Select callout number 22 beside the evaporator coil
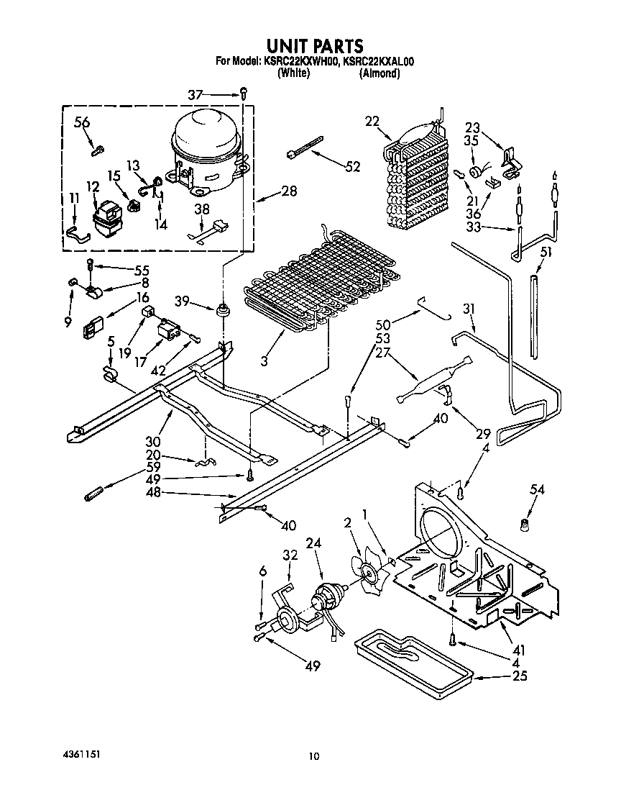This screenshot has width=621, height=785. pyautogui.click(x=372, y=122)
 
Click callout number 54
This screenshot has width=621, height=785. pyautogui.click(x=538, y=490)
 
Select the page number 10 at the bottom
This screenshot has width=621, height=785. pyautogui.click(x=313, y=755)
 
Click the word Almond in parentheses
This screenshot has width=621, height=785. pyautogui.click(x=379, y=73)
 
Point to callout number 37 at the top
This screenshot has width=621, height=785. pyautogui.click(x=195, y=94)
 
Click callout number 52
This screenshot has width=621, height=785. pyautogui.click(x=352, y=166)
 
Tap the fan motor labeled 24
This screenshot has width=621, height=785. pyautogui.click(x=328, y=599)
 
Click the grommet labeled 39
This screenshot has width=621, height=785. pyautogui.click(x=221, y=310)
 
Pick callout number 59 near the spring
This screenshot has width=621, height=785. pyautogui.click(x=152, y=466)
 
